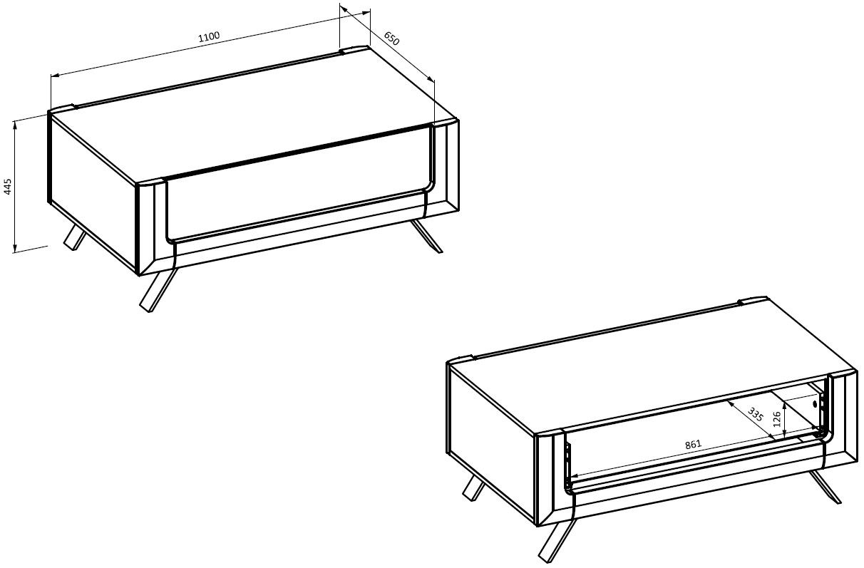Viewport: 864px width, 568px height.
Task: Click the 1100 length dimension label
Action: click(209, 36)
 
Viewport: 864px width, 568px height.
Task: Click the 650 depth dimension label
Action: click(391, 38)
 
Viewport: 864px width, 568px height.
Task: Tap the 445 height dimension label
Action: click(8, 187)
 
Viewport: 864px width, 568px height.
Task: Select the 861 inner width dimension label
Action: click(693, 445)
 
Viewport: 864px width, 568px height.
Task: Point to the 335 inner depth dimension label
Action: click(755, 415)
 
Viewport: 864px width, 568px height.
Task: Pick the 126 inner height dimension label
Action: click(777, 419)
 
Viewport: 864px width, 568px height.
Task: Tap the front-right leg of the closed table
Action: click(426, 236)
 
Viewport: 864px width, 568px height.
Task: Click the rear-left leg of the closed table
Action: click(75, 237)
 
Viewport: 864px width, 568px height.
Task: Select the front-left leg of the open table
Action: click(556, 541)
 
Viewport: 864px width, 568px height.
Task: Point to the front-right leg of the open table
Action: click(825, 487)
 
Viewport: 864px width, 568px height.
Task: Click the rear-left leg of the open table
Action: click(473, 488)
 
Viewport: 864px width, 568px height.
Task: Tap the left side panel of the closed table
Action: click(93, 193)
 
